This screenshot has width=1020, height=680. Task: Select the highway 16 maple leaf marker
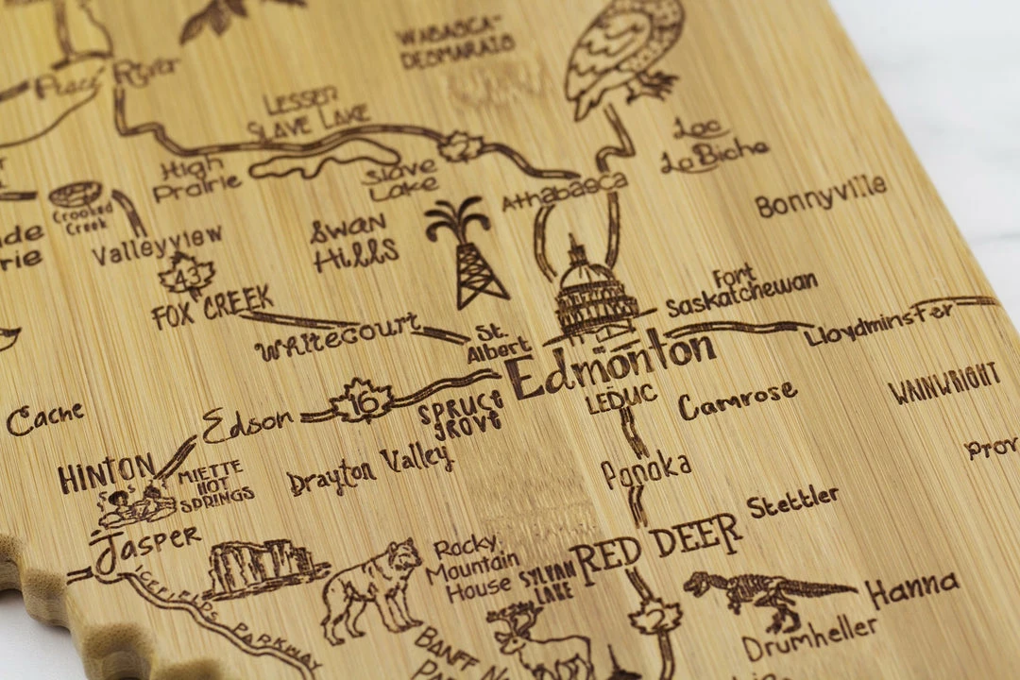(x=363, y=403)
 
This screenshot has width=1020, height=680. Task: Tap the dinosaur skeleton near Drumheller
(x=765, y=594)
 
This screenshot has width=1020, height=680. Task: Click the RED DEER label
(x=655, y=548)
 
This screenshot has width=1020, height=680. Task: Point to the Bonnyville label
(x=821, y=195)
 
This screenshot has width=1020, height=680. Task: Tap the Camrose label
(x=737, y=400)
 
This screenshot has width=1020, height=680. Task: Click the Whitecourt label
(x=337, y=338)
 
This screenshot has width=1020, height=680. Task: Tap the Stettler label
(x=792, y=501)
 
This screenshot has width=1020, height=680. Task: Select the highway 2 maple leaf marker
(x=655, y=618)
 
